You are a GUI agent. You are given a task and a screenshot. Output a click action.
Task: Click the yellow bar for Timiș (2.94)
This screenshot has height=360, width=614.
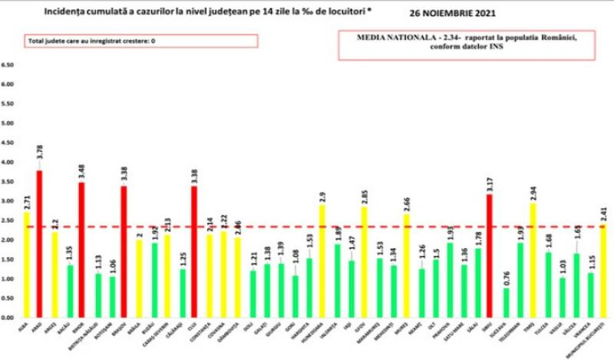533,260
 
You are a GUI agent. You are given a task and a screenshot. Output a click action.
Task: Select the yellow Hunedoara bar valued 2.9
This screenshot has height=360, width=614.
322,261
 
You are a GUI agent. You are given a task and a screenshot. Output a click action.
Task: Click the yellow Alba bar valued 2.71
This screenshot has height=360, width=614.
26,265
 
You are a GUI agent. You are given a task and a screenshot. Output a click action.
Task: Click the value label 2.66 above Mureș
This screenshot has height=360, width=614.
406,203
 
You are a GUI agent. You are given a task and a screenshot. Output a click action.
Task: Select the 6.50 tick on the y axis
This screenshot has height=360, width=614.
8,65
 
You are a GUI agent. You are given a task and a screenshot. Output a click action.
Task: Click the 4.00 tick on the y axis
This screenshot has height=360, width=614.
8,163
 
